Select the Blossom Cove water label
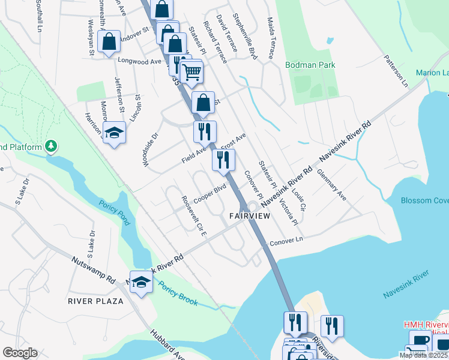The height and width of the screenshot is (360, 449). (424, 200)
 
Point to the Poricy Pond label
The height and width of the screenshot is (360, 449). (115, 212)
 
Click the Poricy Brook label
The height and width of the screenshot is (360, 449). (178, 294)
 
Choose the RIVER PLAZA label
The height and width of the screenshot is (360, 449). (95, 301)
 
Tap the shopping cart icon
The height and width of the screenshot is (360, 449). (191, 71)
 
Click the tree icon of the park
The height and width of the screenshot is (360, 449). (52, 146)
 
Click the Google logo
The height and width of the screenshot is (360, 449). (20, 352)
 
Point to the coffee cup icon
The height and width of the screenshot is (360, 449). (421, 340)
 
